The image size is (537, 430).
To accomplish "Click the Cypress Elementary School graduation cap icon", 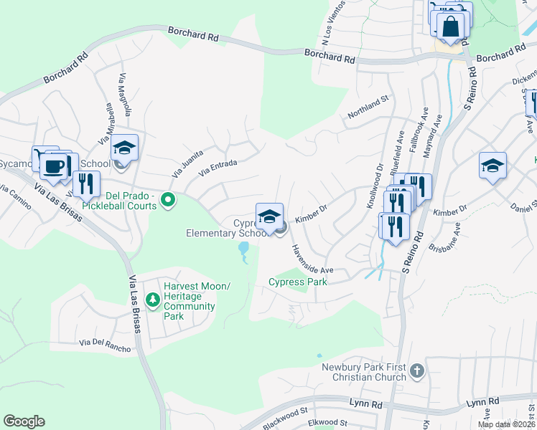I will (x=269, y=216).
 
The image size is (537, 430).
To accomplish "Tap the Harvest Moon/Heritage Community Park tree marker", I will (x=151, y=299).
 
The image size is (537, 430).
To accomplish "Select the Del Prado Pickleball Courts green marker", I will (x=168, y=199).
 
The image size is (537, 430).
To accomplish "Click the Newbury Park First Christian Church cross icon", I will (x=418, y=371).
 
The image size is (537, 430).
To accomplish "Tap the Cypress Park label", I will (x=298, y=282).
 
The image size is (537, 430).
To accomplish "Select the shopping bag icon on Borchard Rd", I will (x=450, y=27).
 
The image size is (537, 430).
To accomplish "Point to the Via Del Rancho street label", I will (x=106, y=345).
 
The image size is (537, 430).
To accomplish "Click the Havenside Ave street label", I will (x=312, y=259).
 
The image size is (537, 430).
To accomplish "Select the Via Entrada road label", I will (x=218, y=168).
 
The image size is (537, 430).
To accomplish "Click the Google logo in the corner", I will (x=24, y=421).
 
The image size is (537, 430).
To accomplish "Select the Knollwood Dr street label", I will (x=375, y=186).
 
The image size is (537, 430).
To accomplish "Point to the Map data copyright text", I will (x=506, y=424).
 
